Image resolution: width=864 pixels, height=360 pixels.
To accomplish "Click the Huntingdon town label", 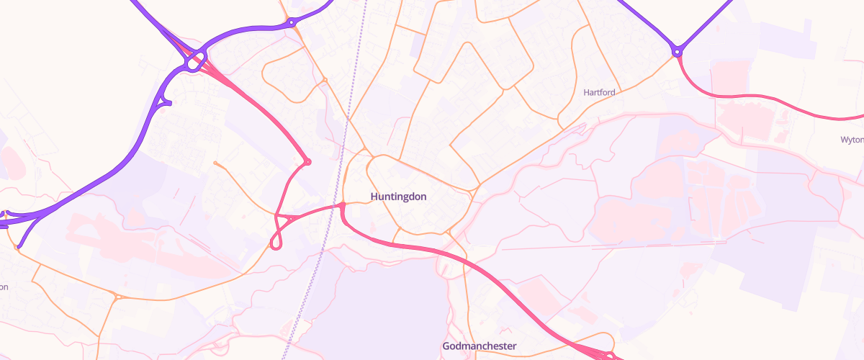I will tap(399, 196).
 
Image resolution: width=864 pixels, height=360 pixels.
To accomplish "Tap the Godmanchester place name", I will tap(479, 346).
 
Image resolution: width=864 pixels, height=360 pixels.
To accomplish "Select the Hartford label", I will tap(599, 92).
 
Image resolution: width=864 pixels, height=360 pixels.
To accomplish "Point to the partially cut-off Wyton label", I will tap(852, 140).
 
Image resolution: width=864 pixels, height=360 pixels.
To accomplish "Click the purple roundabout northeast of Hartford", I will tap(677, 52).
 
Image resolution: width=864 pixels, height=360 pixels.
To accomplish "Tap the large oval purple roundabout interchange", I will tap(194, 63).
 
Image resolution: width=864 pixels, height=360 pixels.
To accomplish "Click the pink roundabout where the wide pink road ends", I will tap(307, 161).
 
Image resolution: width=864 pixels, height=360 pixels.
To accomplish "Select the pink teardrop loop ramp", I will tap(276, 241).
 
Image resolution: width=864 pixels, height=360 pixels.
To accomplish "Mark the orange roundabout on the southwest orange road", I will tap(117, 297).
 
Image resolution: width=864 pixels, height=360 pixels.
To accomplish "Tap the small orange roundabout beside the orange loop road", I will tap(325, 79).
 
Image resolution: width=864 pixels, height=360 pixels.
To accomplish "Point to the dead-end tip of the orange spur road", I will tap(215, 163).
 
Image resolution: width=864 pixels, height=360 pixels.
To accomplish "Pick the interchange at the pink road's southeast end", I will tap(608, 355).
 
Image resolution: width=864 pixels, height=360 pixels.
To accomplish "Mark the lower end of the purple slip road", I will tap(19, 247).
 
